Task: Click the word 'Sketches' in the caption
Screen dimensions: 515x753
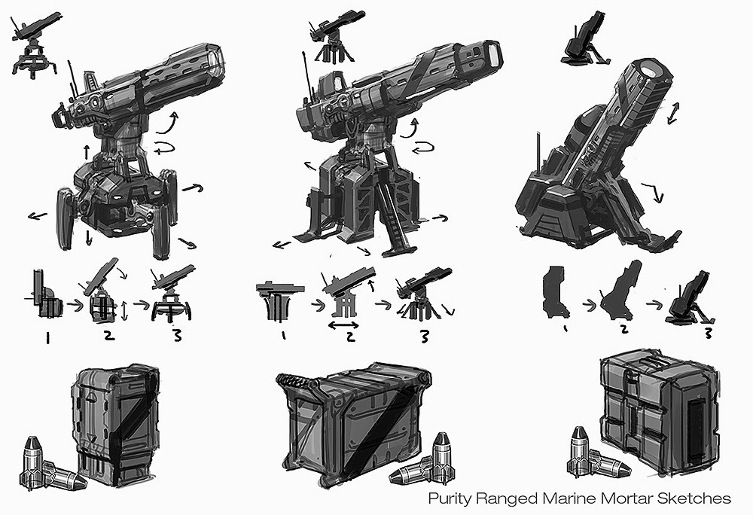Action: tap(700, 498)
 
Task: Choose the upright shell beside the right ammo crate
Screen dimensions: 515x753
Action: tap(580, 447)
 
